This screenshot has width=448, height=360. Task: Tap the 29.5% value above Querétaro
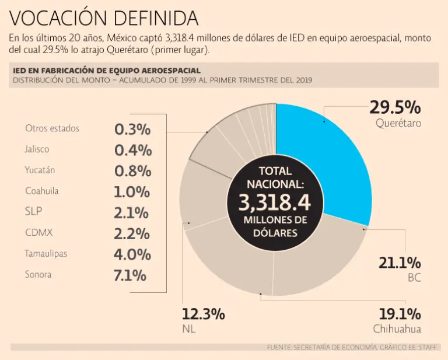click(x=395, y=107)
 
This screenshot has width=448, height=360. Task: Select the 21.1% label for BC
click(x=400, y=263)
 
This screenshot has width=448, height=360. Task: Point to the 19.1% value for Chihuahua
click(x=400, y=314)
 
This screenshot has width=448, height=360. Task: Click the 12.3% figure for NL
click(x=203, y=314)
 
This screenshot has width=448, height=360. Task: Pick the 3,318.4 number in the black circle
click(x=274, y=202)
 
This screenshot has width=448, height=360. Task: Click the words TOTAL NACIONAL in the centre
click(x=274, y=178)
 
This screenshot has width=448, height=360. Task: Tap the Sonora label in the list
click(x=38, y=274)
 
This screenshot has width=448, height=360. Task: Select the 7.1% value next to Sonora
click(x=131, y=275)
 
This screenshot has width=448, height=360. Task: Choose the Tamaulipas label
click(x=45, y=254)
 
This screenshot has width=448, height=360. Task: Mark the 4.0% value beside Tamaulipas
click(x=132, y=254)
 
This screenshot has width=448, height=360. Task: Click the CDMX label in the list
click(x=39, y=233)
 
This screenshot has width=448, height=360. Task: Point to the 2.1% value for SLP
click(x=132, y=212)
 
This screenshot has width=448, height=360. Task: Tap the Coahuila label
click(x=42, y=191)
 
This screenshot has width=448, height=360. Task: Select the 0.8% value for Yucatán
click(x=132, y=171)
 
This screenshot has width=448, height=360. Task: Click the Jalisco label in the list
click(x=37, y=149)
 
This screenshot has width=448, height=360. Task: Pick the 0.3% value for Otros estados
click(x=132, y=129)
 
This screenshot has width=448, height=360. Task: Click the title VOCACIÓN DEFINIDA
click(x=104, y=18)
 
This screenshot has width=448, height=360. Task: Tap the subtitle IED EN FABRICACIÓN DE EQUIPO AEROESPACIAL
click(x=107, y=71)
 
